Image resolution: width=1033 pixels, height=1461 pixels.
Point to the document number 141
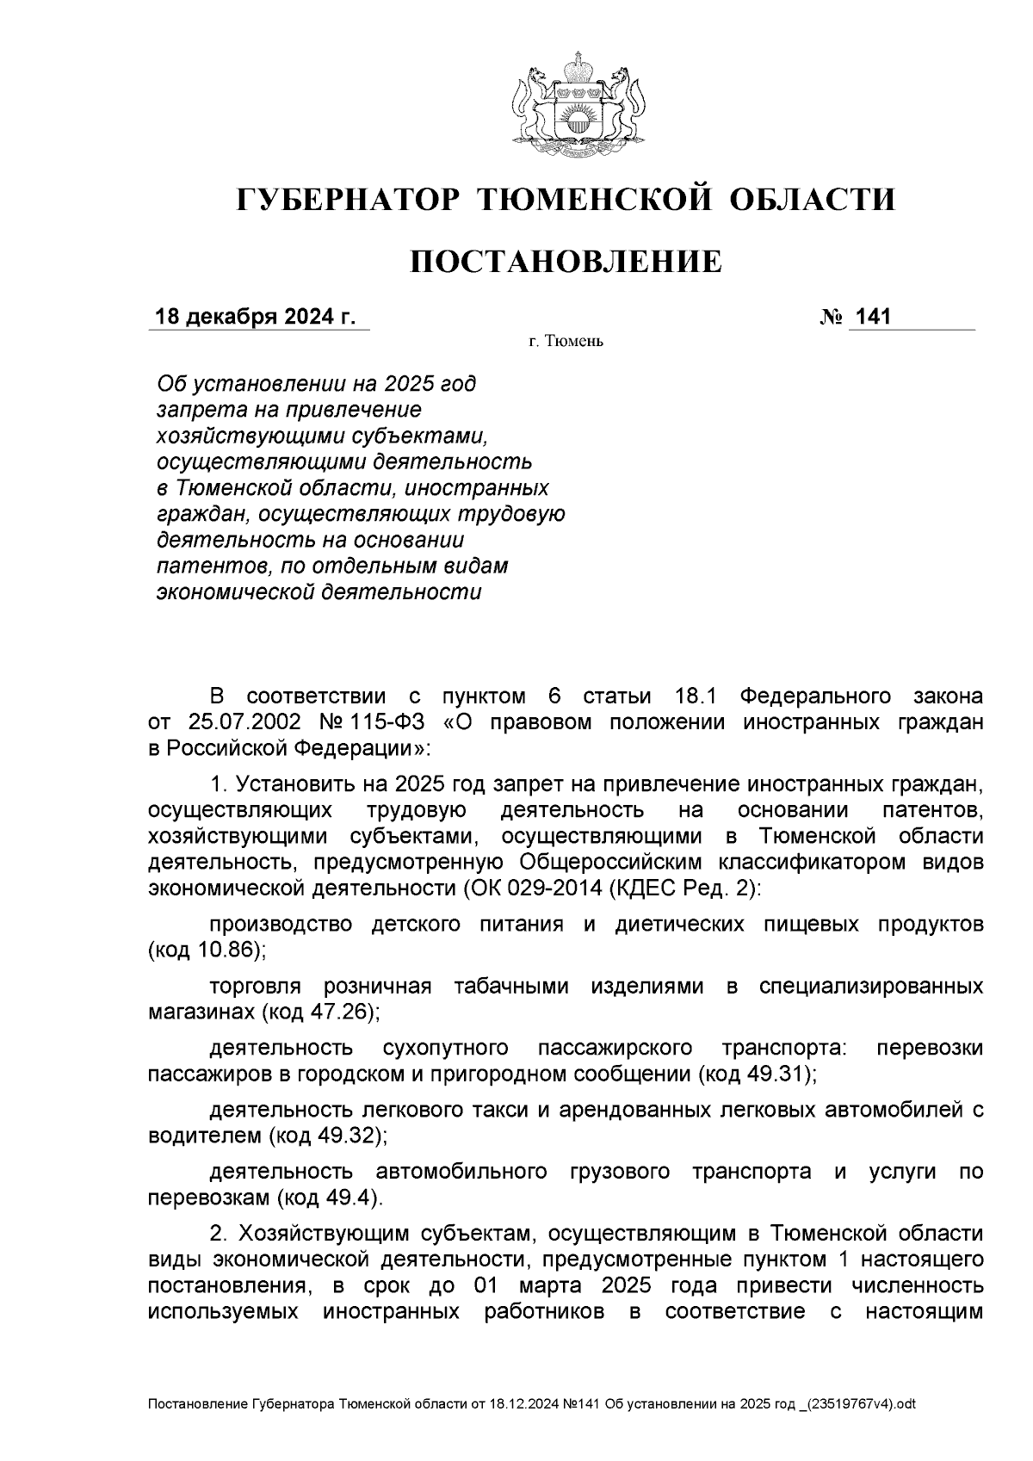[873, 318]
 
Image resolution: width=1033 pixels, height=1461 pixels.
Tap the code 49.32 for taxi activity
[349, 1136]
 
